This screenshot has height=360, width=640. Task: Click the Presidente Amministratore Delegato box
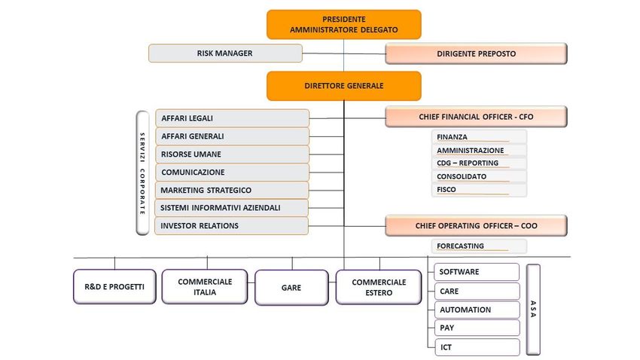[x=343, y=25]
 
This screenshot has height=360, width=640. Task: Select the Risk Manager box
[x=225, y=53]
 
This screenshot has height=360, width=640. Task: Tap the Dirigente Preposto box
[x=476, y=53]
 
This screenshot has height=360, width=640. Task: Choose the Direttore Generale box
[x=343, y=86]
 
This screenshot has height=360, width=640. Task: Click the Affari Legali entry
[x=232, y=118]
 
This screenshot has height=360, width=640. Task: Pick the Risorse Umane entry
[x=232, y=154]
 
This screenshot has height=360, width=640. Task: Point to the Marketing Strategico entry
[x=231, y=191]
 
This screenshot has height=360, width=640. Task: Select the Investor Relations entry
[x=231, y=226]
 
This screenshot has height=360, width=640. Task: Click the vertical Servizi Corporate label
[x=142, y=173]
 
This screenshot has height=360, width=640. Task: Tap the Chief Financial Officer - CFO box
[x=476, y=117]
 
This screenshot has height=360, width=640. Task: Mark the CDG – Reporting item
[x=479, y=163]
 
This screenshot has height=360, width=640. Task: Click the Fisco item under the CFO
[x=479, y=190]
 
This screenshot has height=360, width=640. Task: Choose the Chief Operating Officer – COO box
[x=476, y=226]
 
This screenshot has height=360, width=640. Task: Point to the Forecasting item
[x=479, y=246]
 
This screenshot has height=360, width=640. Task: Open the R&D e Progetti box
[x=114, y=286]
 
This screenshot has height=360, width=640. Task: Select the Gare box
[x=291, y=288]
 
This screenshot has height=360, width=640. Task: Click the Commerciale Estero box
[x=379, y=288]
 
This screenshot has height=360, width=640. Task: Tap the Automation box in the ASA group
[x=477, y=310]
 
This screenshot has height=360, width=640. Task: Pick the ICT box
[x=477, y=347]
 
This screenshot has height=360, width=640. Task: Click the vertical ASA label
[x=533, y=310]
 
